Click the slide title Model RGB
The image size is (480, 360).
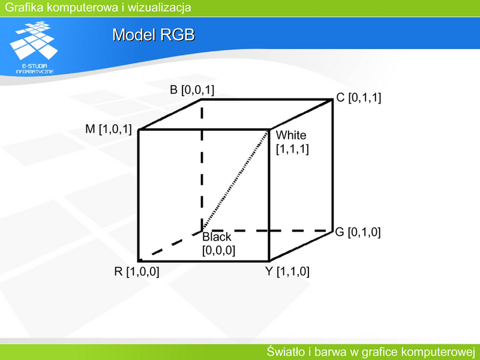(x=154, y=35)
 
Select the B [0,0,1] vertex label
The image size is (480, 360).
(x=192, y=90)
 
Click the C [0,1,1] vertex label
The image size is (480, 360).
(x=358, y=98)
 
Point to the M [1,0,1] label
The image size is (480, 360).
(x=109, y=129)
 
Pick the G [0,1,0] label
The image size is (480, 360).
(x=358, y=232)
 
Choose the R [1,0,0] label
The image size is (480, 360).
(x=137, y=272)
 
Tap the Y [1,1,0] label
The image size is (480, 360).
(x=287, y=272)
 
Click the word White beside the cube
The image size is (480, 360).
(x=291, y=136)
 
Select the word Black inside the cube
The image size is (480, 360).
(x=217, y=237)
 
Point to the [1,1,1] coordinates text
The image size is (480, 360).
(x=292, y=149)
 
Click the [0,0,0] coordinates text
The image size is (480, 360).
(x=218, y=250)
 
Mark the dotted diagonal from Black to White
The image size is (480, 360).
(x=235, y=181)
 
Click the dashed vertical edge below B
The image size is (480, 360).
(x=202, y=164)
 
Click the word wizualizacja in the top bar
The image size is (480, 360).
(x=159, y=7)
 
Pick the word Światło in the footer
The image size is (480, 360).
(x=288, y=352)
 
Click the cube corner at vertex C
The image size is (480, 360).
(x=332, y=99)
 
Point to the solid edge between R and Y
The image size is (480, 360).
(x=203, y=261)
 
